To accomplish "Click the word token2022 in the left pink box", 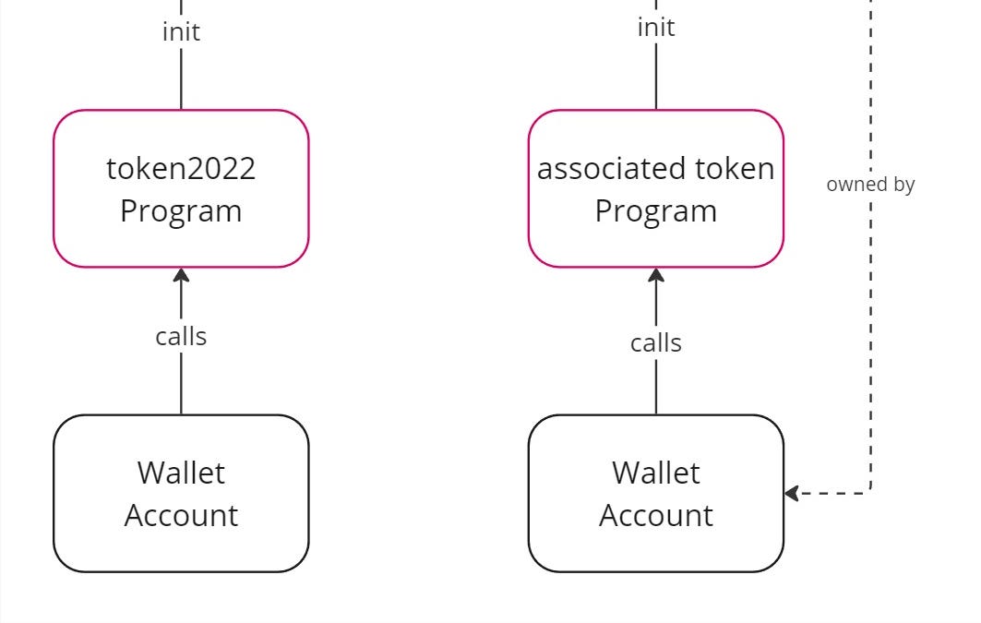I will tap(181, 169).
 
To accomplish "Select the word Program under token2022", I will tap(181, 210).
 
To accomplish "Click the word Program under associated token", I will tap(656, 210).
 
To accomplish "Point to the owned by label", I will tap(870, 184).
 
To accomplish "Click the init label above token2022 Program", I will tap(181, 31).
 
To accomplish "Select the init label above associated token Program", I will tap(656, 27).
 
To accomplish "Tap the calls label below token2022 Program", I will tap(181, 336).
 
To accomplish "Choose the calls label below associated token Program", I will tap(656, 342).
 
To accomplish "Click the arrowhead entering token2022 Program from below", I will tap(181, 275).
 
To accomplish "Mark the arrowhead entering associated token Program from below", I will tap(656, 275).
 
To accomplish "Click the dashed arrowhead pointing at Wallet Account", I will tap(792, 494).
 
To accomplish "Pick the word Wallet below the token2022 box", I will tap(181, 473).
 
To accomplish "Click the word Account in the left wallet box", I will tap(181, 515).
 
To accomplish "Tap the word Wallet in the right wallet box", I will tap(656, 473).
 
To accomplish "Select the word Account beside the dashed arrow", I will tap(656, 515).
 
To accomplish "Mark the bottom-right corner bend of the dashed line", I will tap(870, 493).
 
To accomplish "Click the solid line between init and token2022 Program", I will tap(181, 78).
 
